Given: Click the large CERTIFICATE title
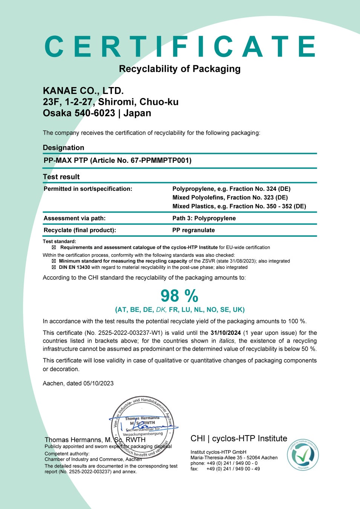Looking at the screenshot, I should point(180,46).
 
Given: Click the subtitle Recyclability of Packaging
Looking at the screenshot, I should point(180,69).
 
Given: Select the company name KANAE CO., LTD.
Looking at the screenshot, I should point(83,91).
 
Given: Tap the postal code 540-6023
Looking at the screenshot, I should point(95,113).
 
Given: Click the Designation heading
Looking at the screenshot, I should point(63,148).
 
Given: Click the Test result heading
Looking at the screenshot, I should point(61,177).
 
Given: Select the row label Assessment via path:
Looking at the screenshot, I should point(75,218).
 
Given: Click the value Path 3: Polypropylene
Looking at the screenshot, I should point(204,218).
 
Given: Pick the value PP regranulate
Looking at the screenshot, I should point(193,230).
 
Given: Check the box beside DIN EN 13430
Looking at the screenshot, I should point(54,267).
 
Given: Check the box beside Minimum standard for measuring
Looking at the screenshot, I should point(54,261).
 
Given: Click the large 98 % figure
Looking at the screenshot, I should point(179,296).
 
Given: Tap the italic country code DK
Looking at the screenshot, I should point(161,310).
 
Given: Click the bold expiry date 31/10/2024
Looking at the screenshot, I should point(225,333).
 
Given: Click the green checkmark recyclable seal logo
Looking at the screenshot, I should point(303,455).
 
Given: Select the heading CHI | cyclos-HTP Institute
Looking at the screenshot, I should point(239,438).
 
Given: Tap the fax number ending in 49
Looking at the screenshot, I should point(233,469).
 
